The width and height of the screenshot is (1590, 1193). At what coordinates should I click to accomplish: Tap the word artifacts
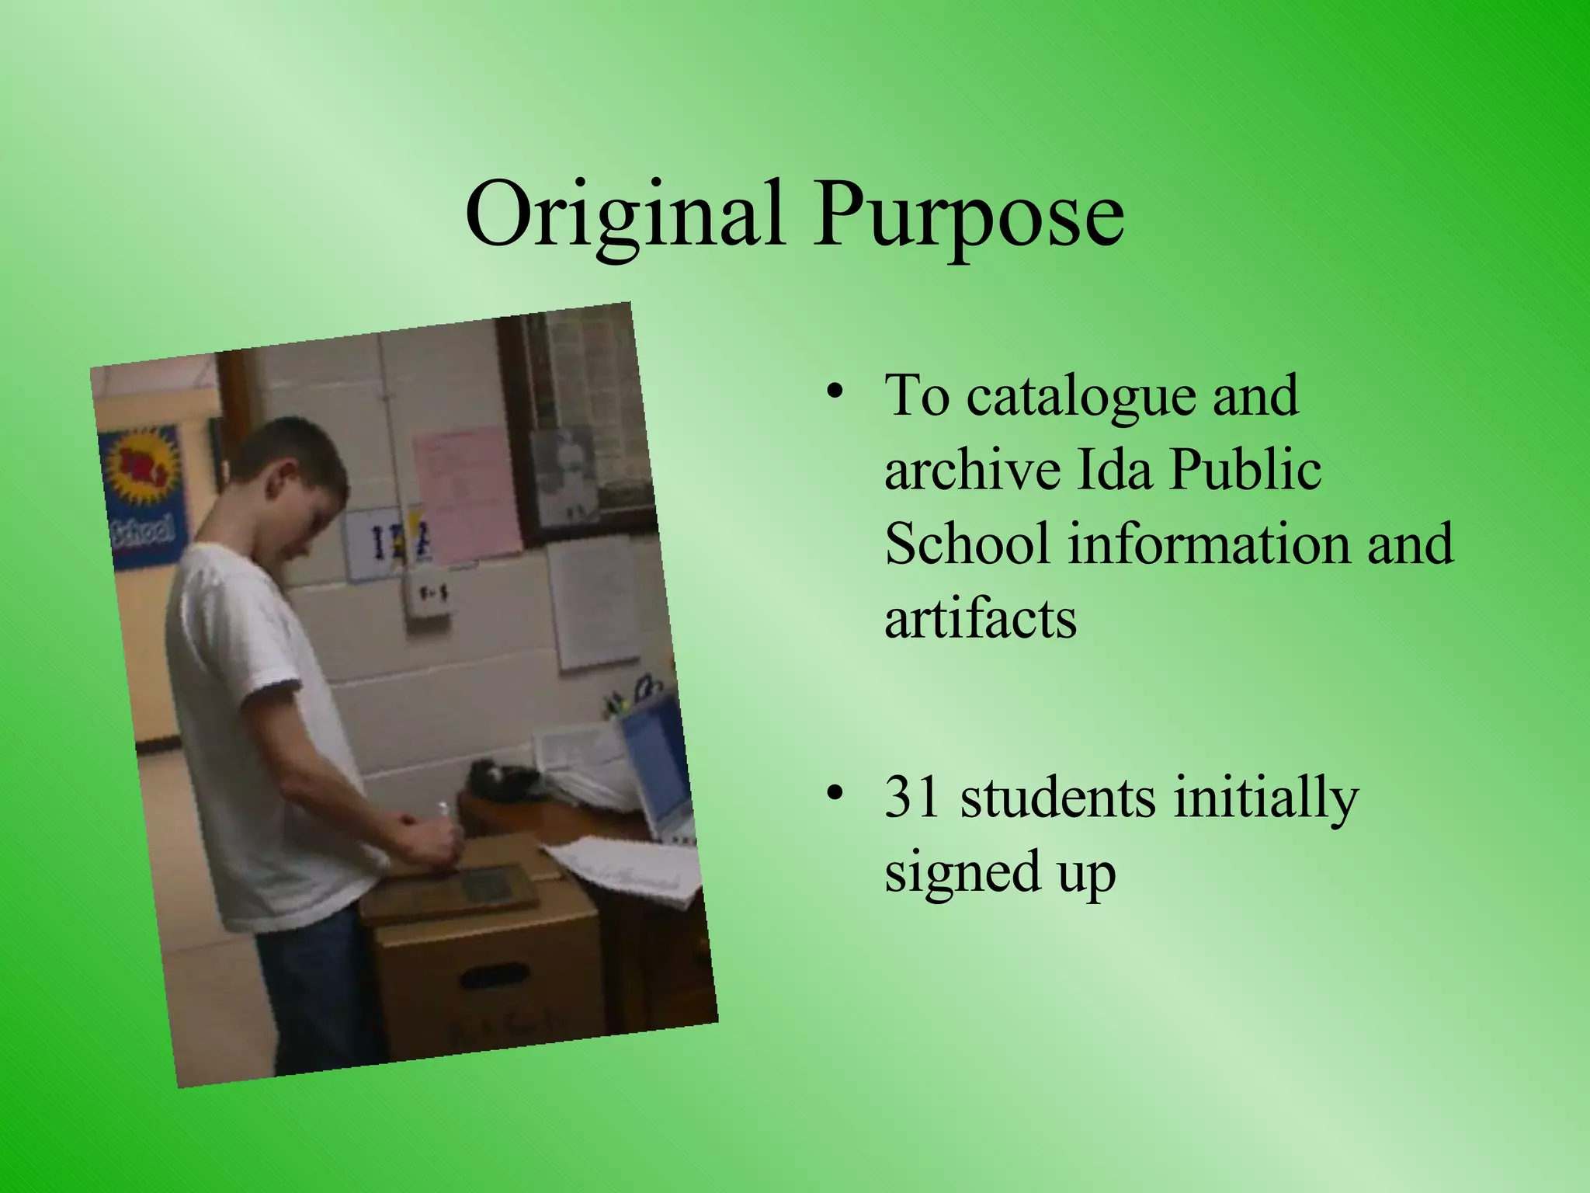pyautogui.click(x=981, y=619)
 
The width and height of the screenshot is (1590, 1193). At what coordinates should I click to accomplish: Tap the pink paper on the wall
pyautogui.click(x=466, y=492)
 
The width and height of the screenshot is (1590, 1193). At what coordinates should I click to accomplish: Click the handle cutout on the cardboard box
pyautogui.click(x=494, y=976)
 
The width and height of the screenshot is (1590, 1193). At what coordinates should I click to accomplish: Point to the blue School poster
pyautogui.click(x=144, y=497)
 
